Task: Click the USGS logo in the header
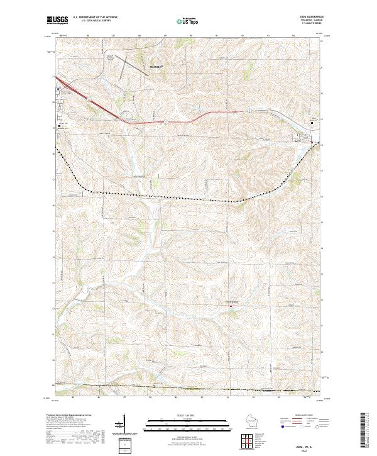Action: [x=57, y=20]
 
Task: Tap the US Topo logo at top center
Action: [x=188, y=20]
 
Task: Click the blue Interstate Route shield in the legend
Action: [x=282, y=427]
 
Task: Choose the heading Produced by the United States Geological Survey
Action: [x=67, y=416]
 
